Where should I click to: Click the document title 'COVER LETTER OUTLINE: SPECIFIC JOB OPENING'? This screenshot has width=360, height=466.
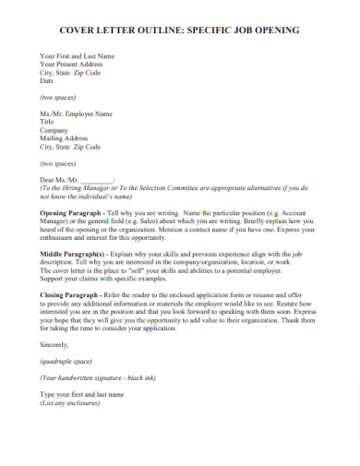tap(179, 30)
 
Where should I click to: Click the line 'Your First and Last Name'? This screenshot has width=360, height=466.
tap(77, 56)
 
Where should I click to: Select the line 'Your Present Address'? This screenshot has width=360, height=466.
tap(71, 65)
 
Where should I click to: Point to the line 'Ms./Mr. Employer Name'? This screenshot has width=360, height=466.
tap(76, 114)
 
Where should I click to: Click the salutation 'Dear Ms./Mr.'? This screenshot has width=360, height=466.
tap(60, 178)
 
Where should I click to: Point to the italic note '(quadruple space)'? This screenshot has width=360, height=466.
tap(66, 361)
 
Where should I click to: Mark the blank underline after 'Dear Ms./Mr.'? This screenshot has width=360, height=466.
tap(98, 179)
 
